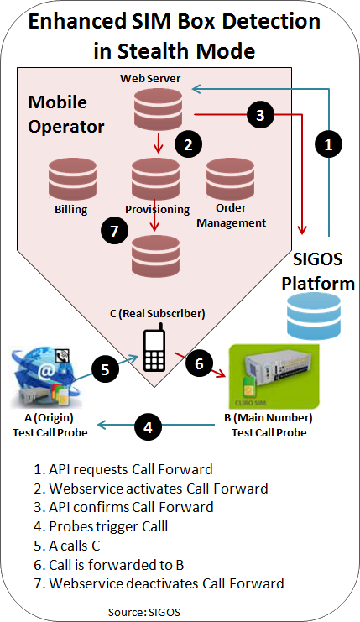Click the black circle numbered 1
click(328, 144)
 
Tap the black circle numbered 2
click(188, 144)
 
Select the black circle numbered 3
click(260, 115)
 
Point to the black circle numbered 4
click(148, 426)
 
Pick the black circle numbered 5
click(105, 369)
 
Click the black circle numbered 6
click(199, 363)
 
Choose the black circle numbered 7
click(115, 231)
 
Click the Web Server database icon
click(159, 107)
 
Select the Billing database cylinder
click(72, 180)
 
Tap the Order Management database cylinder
click(231, 179)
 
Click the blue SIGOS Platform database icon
click(314, 316)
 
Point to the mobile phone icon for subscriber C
click(154, 348)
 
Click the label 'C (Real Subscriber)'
click(158, 313)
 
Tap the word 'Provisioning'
click(158, 209)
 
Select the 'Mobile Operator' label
click(65, 115)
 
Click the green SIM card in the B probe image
click(249, 386)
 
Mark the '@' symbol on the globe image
click(47, 372)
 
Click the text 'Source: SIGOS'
click(144, 612)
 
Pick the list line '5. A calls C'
click(67, 546)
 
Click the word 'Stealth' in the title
click(154, 51)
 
